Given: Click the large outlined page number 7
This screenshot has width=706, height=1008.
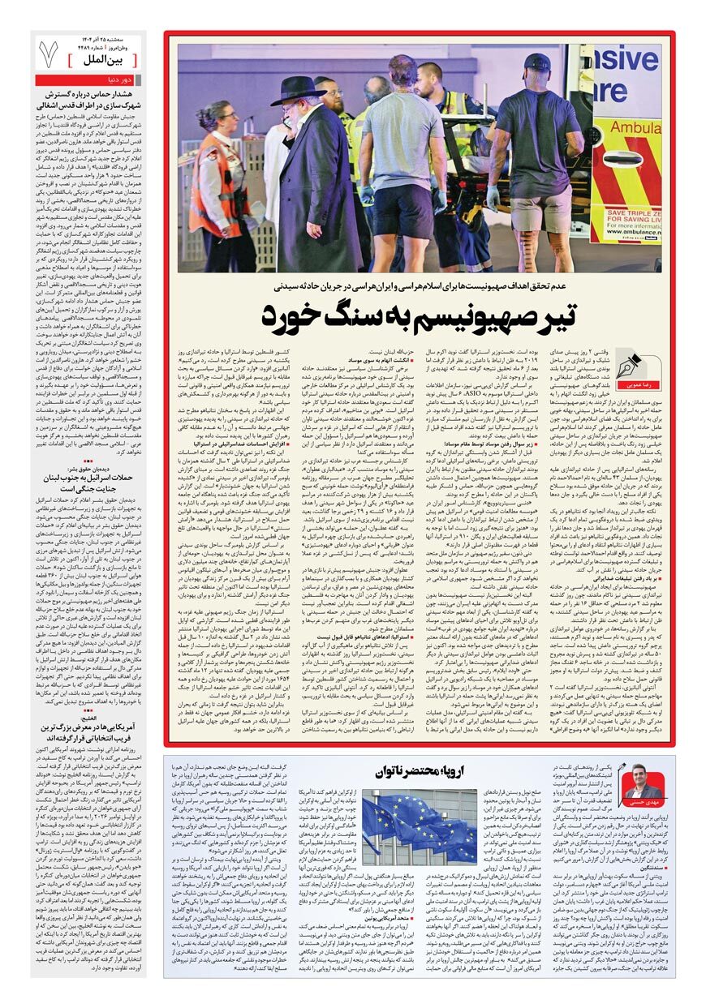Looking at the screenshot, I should coord(49,54).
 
